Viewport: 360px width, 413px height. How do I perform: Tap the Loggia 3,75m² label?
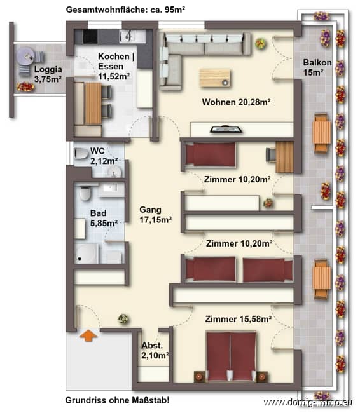tap(48, 75)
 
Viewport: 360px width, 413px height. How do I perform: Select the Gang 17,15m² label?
tap(155, 215)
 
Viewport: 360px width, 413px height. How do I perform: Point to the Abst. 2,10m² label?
tap(155, 351)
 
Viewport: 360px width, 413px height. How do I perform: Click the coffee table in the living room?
tap(215, 77)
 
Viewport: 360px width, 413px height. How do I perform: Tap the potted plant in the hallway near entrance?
tap(123, 318)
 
